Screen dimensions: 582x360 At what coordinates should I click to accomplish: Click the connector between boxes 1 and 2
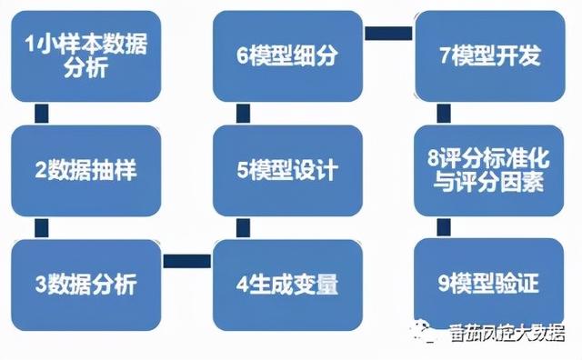point(39,113)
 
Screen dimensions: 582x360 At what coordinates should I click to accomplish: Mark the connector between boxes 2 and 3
point(39,226)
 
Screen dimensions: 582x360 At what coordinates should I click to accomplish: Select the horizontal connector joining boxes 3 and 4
point(187,261)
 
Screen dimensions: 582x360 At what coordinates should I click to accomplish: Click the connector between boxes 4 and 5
point(243,226)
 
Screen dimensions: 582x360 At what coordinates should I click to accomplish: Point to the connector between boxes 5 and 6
point(243,113)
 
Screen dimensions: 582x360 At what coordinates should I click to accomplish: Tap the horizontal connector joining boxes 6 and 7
point(389,34)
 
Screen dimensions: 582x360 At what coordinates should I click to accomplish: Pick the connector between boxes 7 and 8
point(443,113)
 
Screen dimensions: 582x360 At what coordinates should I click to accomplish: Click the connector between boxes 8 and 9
point(443,226)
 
